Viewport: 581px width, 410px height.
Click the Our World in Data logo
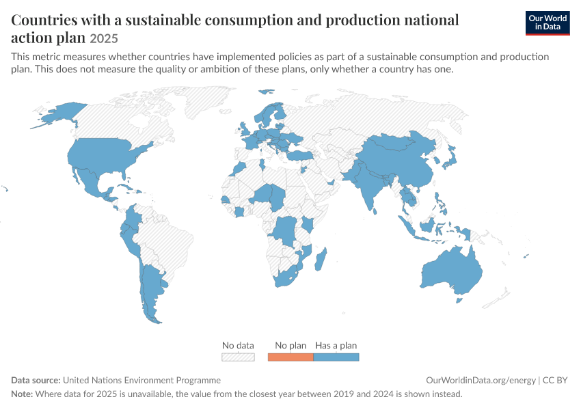[548, 23]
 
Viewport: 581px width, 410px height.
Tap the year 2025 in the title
[104, 38]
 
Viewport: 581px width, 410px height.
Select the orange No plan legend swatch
[290, 357]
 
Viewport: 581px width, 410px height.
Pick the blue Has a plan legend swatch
[336, 357]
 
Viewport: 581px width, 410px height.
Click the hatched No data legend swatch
[238, 357]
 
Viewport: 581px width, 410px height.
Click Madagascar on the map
[321, 259]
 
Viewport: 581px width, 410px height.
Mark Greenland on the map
[209, 100]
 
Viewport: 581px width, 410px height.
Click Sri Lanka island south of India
[375, 211]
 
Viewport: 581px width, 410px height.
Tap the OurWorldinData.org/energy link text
[481, 381]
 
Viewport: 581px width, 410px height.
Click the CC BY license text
[555, 381]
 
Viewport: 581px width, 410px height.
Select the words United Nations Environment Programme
[141, 381]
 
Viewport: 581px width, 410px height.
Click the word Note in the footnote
[21, 394]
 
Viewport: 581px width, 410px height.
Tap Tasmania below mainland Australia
[459, 299]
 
